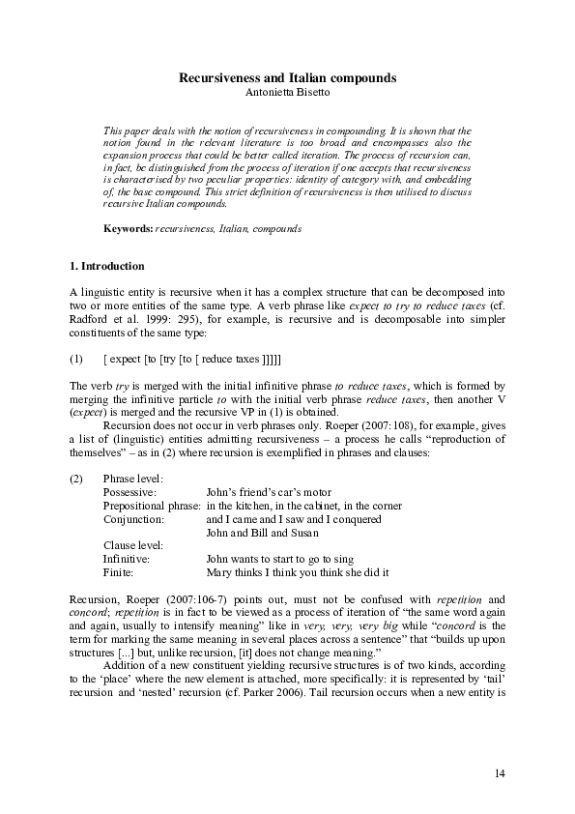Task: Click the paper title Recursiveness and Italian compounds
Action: pyautogui.click(x=287, y=77)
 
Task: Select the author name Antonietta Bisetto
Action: pyautogui.click(x=287, y=92)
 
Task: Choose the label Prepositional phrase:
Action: pyautogui.click(x=152, y=506)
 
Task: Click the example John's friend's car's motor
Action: pyautogui.click(x=267, y=492)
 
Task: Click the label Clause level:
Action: pyautogui.click(x=134, y=545)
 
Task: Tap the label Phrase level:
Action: pyautogui.click(x=133, y=479)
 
